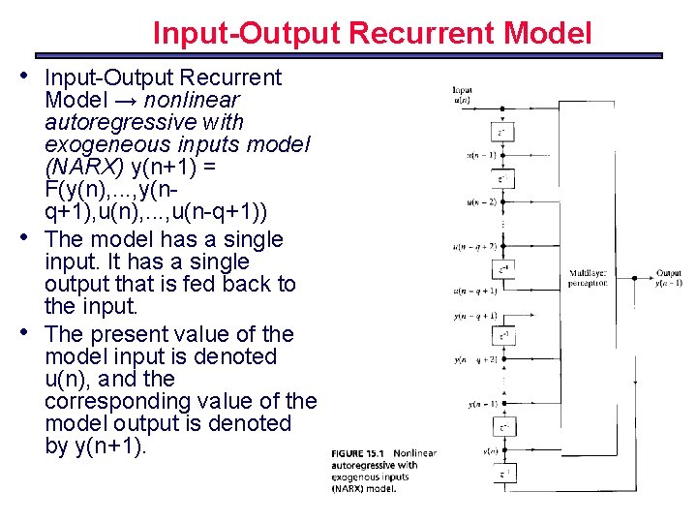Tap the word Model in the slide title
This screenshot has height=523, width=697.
[x=546, y=34]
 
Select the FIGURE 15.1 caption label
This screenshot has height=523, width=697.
[x=360, y=453]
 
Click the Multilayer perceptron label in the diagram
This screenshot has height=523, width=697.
[x=589, y=279]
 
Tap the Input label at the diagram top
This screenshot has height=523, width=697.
[x=462, y=90]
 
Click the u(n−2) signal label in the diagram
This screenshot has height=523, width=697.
[x=480, y=201]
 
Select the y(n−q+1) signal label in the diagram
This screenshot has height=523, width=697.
[x=475, y=316]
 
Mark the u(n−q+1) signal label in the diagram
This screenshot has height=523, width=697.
[x=474, y=290]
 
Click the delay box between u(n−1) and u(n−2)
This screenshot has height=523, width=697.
[x=502, y=178]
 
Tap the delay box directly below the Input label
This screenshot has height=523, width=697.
[x=502, y=133]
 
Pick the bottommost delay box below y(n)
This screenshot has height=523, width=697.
[x=502, y=474]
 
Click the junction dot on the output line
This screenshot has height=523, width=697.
[x=634, y=278]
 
